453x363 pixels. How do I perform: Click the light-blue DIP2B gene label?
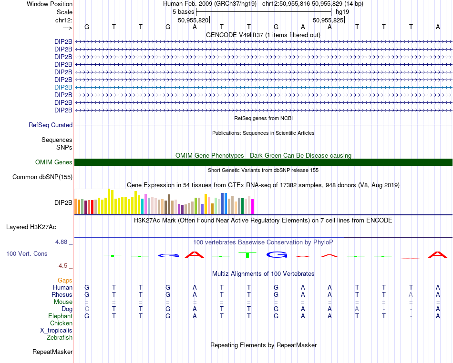pos(63,87)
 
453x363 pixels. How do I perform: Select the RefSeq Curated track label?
pos(51,125)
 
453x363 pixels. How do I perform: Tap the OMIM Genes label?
pos(54,162)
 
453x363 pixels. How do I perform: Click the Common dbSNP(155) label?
pos(42,177)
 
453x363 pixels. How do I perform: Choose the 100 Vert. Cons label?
pos(27,254)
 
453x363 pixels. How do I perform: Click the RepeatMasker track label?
pos(52,352)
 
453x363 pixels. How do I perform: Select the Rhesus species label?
pos(62,294)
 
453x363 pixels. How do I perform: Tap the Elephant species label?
pos(61,316)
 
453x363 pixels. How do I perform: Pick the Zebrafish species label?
pos(60,337)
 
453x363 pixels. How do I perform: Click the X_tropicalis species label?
pos(56,330)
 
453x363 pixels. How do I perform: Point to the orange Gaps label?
pos(65,280)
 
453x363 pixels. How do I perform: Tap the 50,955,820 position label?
pos(193,20)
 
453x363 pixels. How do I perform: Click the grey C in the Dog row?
pos(87,309)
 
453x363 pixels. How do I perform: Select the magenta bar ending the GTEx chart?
pos(252,206)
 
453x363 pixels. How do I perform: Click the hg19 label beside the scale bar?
pos(342,11)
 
